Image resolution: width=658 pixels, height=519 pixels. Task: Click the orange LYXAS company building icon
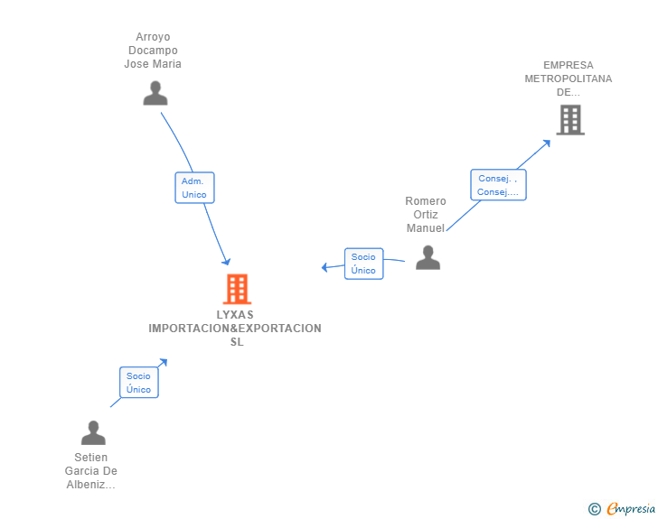coord(237,289)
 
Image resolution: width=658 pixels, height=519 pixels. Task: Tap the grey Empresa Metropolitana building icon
coord(570,120)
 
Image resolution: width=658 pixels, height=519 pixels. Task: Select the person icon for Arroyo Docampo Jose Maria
coord(155,93)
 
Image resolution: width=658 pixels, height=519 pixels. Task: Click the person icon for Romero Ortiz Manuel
coord(428,258)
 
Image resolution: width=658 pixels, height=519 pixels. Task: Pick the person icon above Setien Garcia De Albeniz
coord(93,432)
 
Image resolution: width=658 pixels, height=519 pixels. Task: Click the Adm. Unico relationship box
coord(194,188)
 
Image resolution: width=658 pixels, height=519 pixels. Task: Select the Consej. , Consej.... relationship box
coord(498,185)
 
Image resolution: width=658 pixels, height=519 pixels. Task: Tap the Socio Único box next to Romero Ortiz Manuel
coord(364,264)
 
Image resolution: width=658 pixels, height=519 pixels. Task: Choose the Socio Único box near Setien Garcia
coord(139,383)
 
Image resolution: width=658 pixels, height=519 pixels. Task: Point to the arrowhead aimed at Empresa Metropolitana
coord(546,144)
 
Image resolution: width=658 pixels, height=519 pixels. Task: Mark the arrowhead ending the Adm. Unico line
coord(227,262)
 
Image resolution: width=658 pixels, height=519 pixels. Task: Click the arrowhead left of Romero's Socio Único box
coord(324,267)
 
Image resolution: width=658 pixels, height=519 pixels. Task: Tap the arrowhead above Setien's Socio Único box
coord(164,362)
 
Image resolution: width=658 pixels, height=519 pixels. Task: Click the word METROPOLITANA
coord(569,79)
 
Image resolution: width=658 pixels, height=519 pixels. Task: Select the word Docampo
coord(153,51)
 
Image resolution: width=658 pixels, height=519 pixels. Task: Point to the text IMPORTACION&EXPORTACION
coord(235,329)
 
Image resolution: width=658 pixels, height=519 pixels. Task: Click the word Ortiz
coord(426,215)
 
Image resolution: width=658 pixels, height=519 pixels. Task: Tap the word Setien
coord(91,458)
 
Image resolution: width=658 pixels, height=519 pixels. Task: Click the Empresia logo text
coord(631,509)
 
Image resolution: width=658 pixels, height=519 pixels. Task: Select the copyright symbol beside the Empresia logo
coord(595,509)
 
